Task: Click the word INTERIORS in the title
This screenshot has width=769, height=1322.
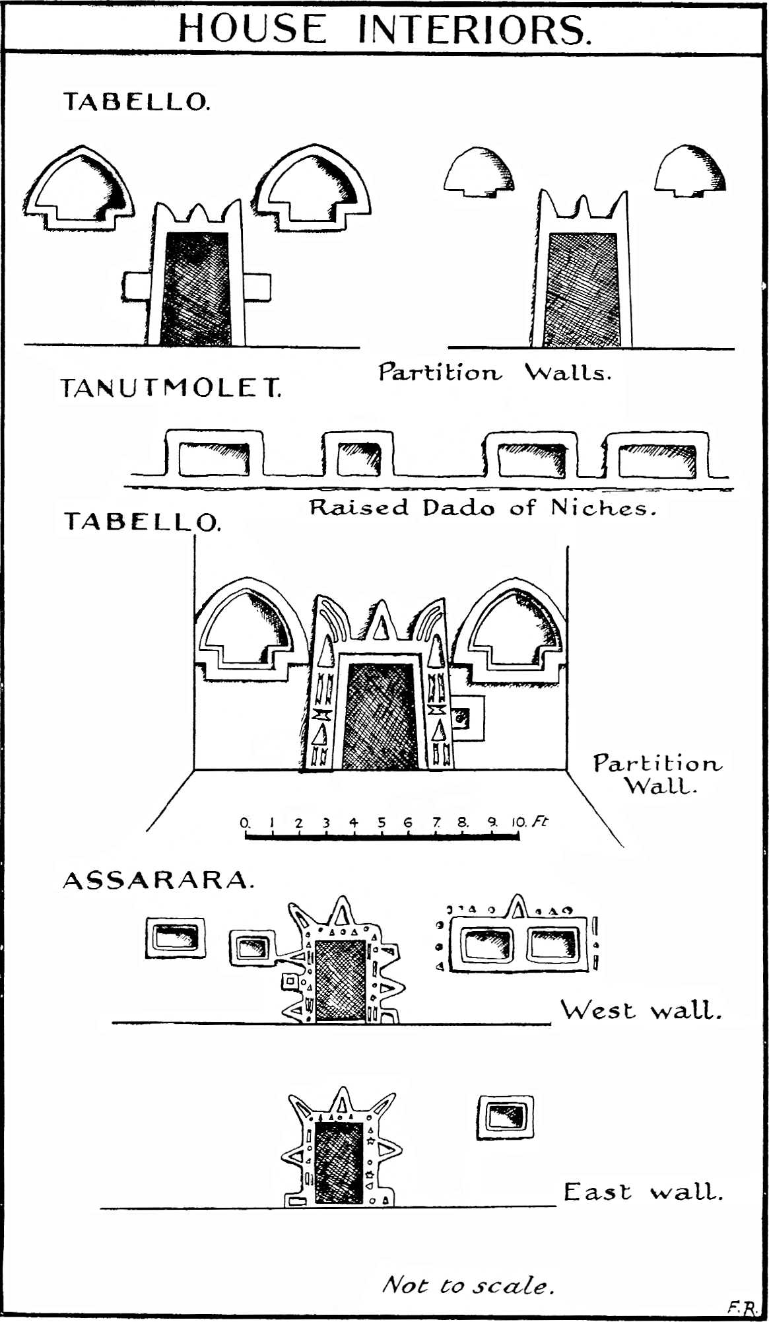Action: pyautogui.click(x=473, y=30)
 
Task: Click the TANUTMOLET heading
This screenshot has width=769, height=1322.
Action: pyautogui.click(x=170, y=388)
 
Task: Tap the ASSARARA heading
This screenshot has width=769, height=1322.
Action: pyautogui.click(x=158, y=880)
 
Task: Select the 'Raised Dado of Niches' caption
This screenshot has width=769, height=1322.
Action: pyautogui.click(x=483, y=508)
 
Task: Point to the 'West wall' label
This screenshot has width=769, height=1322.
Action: pyautogui.click(x=640, y=1010)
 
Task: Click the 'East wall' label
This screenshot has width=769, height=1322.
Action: pyautogui.click(x=643, y=1192)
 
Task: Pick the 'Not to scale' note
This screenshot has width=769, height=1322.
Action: pyautogui.click(x=468, y=1285)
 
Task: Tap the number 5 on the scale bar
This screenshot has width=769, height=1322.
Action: pyautogui.click(x=382, y=823)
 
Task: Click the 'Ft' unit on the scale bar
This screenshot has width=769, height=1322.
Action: pyautogui.click(x=540, y=821)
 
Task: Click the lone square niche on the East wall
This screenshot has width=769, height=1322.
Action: pyautogui.click(x=505, y=1117)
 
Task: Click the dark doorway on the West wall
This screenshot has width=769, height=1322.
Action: pyautogui.click(x=340, y=980)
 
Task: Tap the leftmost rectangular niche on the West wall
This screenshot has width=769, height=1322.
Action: pyautogui.click(x=175, y=938)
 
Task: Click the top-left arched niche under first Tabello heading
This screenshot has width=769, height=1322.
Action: pyautogui.click(x=79, y=188)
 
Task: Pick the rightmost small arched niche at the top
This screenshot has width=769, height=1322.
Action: pyautogui.click(x=690, y=170)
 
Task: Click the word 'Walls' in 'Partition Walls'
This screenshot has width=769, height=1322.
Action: pyautogui.click(x=567, y=373)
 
